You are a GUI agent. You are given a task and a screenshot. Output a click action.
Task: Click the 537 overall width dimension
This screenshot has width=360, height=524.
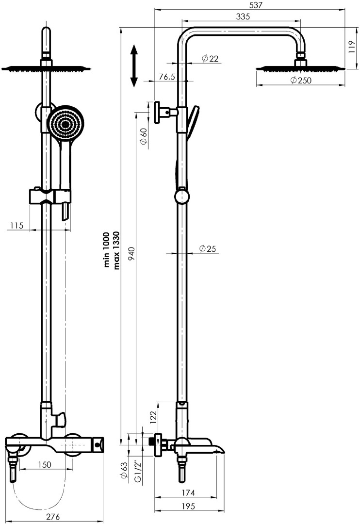point(256,5)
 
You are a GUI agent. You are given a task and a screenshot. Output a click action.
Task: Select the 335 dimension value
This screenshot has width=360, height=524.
point(243,16)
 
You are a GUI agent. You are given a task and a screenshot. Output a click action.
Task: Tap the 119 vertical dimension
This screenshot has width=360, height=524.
point(351,48)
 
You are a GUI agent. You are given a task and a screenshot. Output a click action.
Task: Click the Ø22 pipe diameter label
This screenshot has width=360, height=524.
point(210,59)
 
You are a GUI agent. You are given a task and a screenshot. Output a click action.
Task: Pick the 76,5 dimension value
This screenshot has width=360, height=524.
point(167,77)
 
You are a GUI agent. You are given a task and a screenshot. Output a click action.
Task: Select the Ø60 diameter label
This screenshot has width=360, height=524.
point(144,136)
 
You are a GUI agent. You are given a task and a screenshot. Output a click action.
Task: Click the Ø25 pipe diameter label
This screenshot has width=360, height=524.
point(207,248)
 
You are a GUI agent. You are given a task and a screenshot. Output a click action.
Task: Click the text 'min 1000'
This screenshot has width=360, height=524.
point(107,249)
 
